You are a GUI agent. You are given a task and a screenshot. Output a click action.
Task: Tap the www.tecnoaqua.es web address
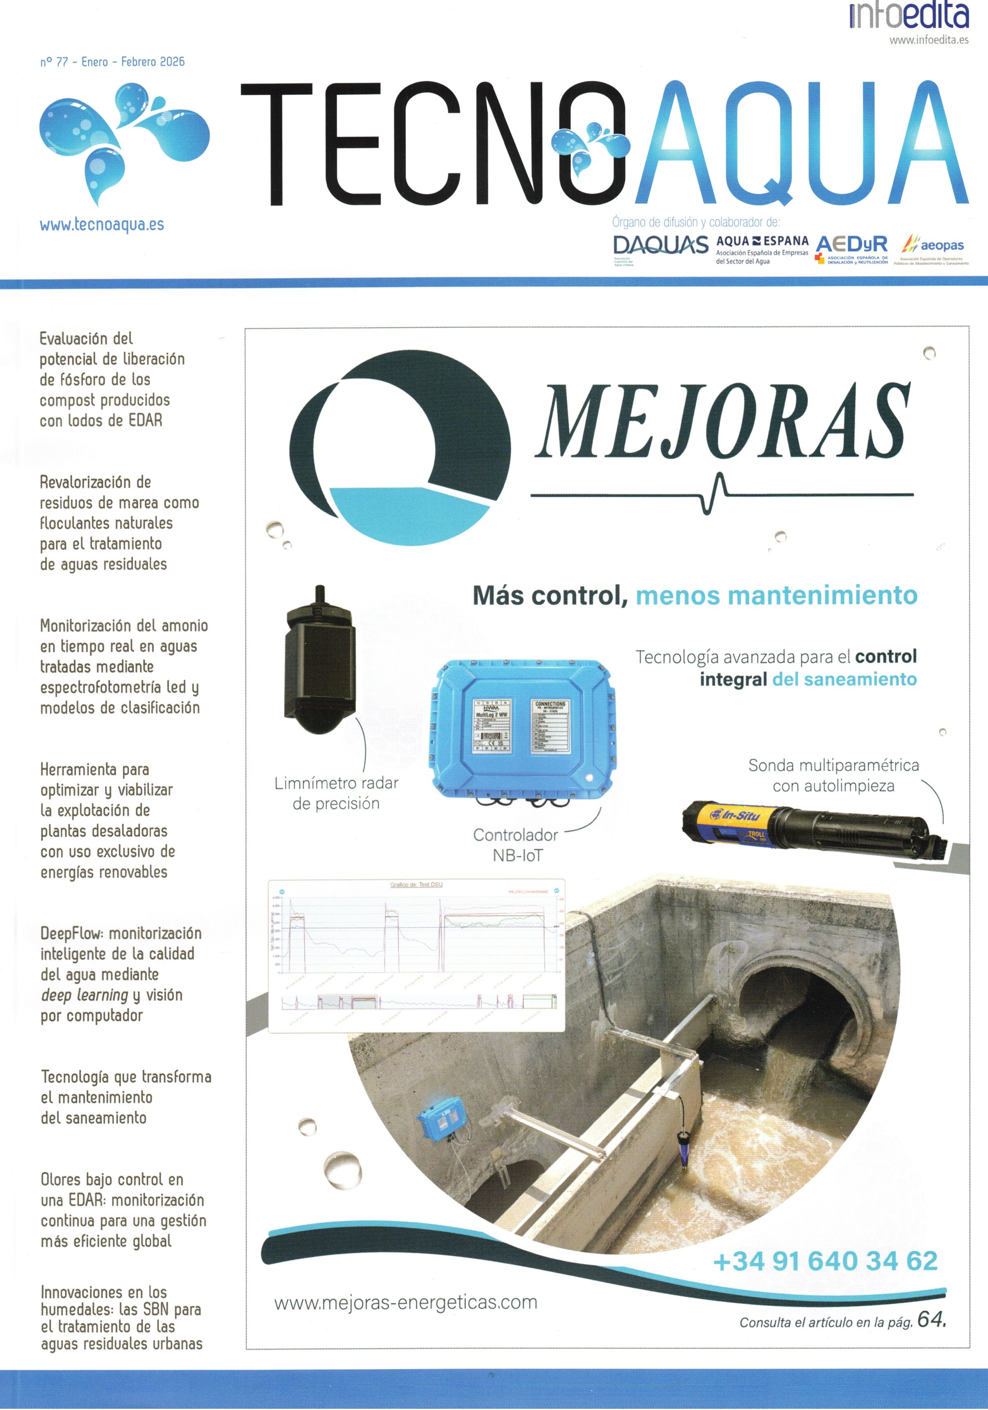102,225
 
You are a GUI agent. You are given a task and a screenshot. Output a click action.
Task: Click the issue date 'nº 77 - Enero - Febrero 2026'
112,62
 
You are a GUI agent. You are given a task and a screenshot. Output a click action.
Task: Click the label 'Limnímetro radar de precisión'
336,793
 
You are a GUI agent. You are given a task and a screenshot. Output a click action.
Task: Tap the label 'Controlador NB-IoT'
516,845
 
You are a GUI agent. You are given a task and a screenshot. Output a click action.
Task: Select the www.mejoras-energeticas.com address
405,1303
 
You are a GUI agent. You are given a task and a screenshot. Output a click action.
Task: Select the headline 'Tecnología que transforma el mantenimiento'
126,1097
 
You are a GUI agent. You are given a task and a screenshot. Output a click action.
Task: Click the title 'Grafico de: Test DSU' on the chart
416,884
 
